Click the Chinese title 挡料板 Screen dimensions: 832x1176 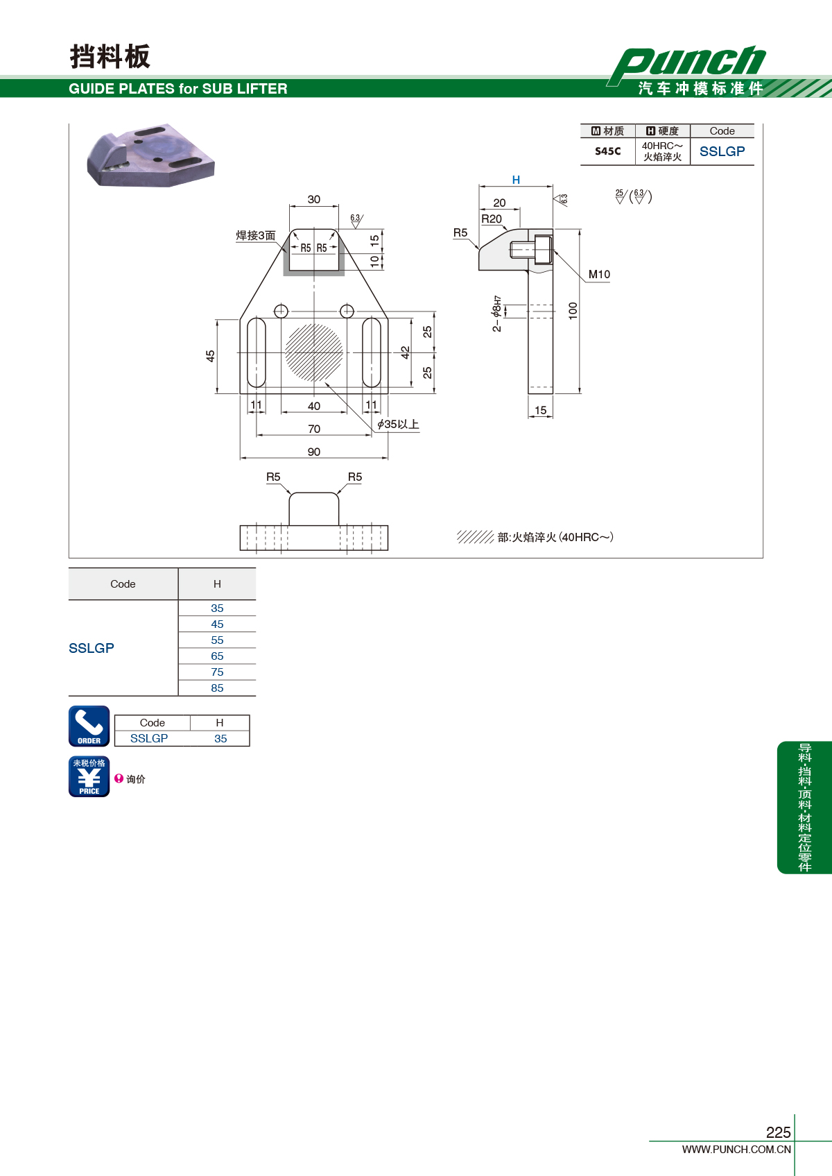110,56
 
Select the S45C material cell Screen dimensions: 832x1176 607,151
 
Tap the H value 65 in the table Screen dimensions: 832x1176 217,656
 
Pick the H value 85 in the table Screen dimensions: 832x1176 217,688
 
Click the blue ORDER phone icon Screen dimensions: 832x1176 89,726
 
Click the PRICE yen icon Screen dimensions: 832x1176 89,776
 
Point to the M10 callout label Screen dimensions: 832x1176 599,274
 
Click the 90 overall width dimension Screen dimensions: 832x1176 313,452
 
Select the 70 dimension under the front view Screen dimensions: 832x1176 313,429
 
